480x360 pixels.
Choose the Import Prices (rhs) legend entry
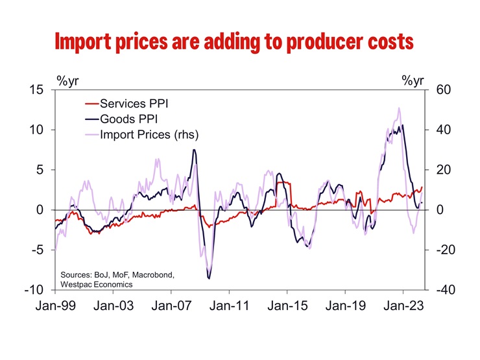pyautogui.click(x=149, y=135)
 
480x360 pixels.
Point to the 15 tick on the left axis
pyautogui.click(x=36, y=90)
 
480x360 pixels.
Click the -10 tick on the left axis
pyautogui.click(x=33, y=290)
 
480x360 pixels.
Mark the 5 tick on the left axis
pyautogui.click(x=40, y=170)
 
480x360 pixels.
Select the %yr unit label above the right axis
pyautogui.click(x=413, y=80)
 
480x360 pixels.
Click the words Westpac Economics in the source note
pyautogui.click(x=96, y=284)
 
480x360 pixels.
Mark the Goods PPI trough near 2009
pyautogui.click(x=209, y=278)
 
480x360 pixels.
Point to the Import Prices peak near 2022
pyautogui.click(x=399, y=108)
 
